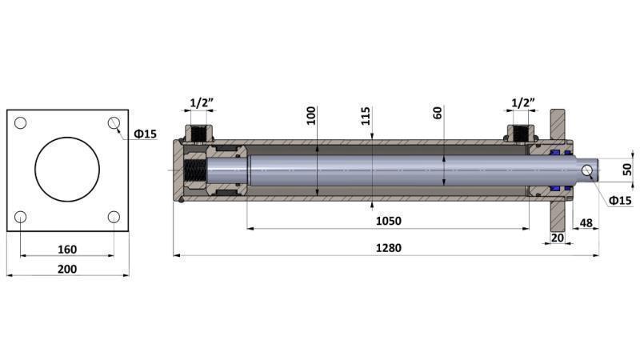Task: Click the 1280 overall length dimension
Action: pyautogui.click(x=388, y=248)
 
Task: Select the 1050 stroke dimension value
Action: pyautogui.click(x=388, y=221)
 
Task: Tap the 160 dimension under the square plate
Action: pyautogui.click(x=67, y=249)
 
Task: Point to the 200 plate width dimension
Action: pyautogui.click(x=67, y=269)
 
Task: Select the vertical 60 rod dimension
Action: pyautogui.click(x=438, y=112)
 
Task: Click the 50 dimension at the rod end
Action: pyautogui.click(x=627, y=170)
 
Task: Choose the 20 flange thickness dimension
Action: pyautogui.click(x=558, y=238)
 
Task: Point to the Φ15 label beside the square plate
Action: pyautogui.click(x=145, y=134)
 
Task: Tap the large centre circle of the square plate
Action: pyautogui.click(x=67, y=170)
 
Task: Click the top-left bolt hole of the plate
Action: pyautogui.click(x=21, y=122)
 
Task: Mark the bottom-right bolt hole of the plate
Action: pyautogui.click(x=114, y=217)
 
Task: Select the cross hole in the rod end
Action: pyautogui.click(x=588, y=170)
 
